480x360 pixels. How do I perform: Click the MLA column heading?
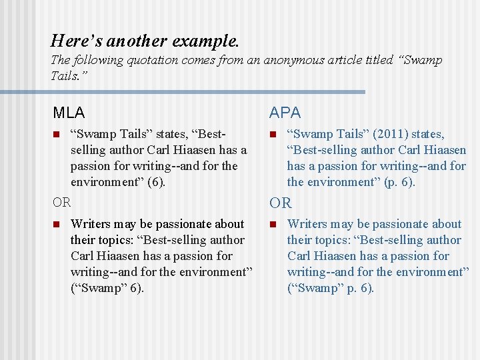69,113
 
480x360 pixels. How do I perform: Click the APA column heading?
285,113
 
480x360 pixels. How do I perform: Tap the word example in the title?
205,41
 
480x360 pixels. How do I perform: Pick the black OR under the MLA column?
62,201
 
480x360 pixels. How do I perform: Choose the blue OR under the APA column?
280,203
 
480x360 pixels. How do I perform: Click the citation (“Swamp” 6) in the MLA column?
107,288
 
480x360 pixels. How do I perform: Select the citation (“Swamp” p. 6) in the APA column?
331,288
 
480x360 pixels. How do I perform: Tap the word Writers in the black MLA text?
91,224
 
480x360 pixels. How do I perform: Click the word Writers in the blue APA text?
308,224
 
